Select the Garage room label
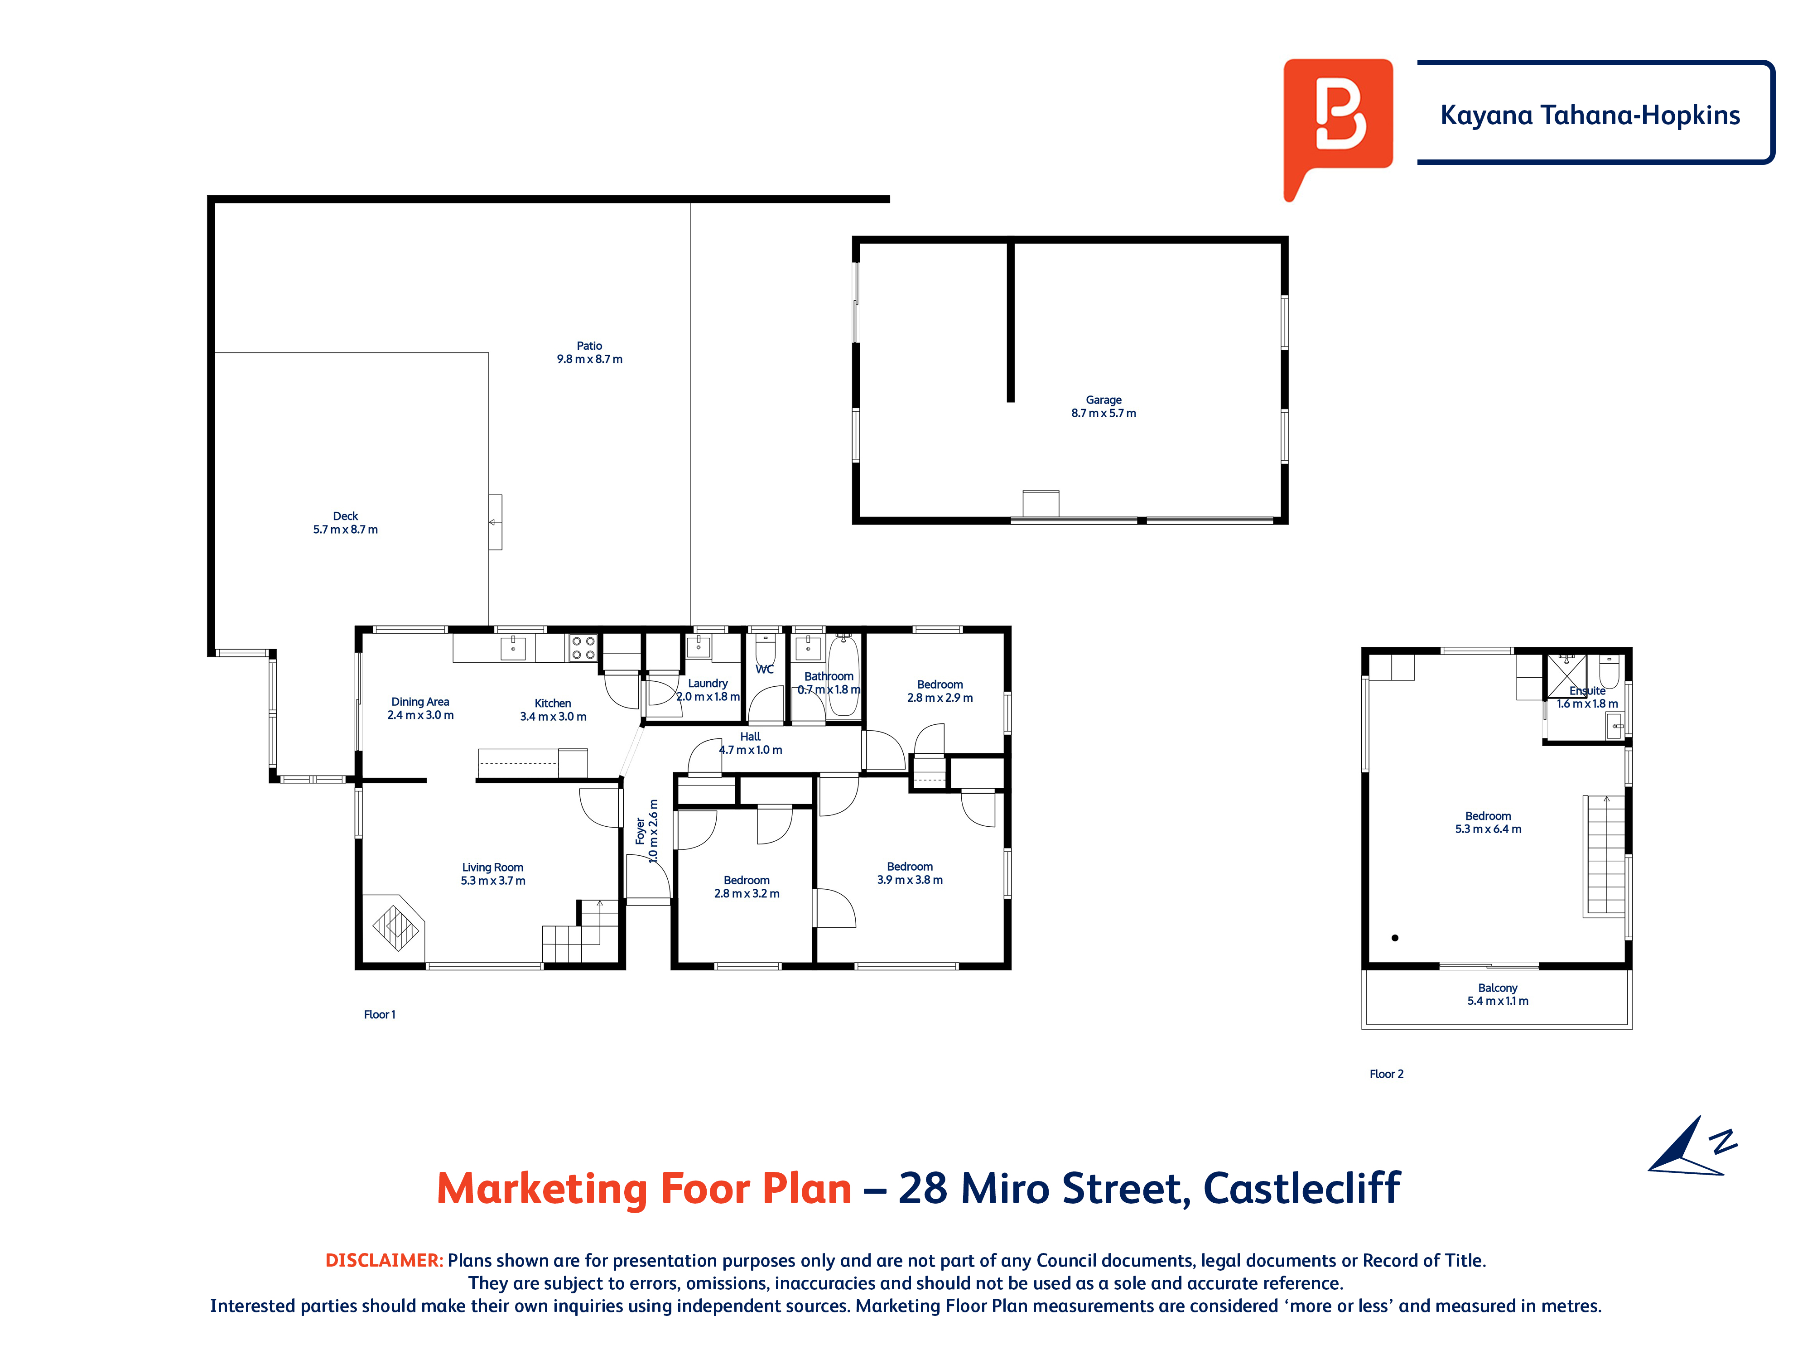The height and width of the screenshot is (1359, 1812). pos(1104,400)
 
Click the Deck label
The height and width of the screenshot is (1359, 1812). pos(346,516)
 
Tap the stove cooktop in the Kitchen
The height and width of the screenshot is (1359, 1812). pos(583,648)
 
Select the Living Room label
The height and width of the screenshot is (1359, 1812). pos(492,867)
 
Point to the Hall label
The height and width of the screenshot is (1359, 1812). pos(750,737)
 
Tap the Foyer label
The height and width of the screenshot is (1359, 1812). pos(640,831)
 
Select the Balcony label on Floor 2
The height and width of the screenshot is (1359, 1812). pos(1498,988)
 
